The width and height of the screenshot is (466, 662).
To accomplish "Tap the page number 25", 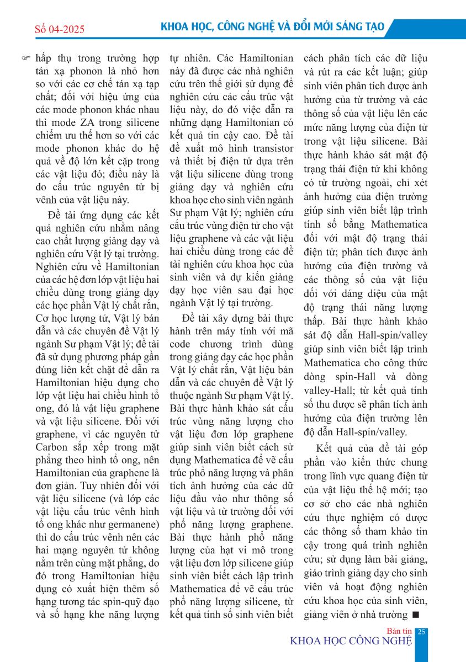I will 421,632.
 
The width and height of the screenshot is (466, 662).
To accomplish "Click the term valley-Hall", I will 332,390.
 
